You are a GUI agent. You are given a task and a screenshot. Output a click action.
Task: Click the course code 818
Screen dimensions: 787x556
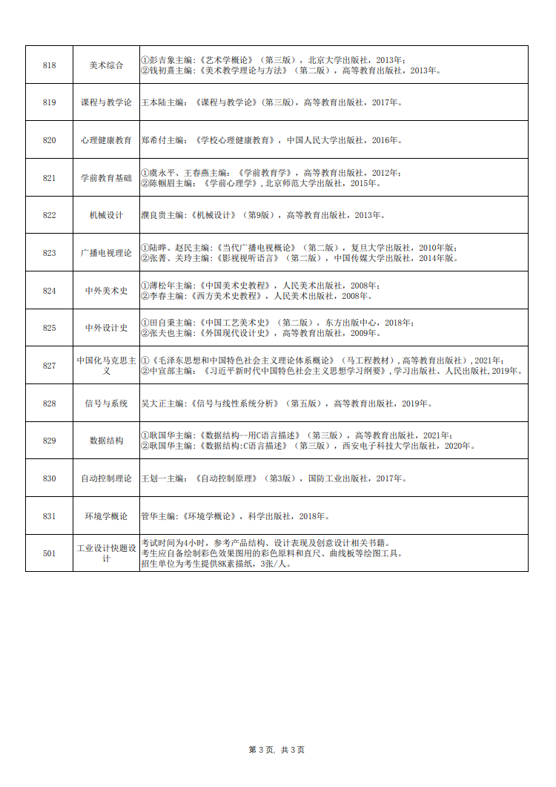[50, 65]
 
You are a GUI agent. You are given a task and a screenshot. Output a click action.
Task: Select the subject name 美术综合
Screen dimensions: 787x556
[106, 65]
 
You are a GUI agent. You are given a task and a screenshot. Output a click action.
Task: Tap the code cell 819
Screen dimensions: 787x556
[50, 102]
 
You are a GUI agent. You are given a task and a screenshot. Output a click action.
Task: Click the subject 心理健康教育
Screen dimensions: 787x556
[106, 140]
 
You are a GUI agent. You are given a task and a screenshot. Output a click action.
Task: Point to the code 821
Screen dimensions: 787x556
[50, 178]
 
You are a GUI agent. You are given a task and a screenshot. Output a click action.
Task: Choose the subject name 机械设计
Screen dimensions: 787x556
[106, 215]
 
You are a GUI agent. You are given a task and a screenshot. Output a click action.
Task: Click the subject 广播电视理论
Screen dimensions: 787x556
[106, 253]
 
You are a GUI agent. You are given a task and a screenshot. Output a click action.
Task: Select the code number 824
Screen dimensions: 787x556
[50, 291]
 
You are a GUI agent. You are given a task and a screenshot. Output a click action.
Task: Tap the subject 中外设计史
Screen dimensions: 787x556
[106, 328]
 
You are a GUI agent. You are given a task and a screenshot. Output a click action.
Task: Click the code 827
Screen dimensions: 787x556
[50, 366]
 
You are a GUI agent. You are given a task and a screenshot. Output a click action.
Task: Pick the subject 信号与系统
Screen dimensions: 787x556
[106, 404]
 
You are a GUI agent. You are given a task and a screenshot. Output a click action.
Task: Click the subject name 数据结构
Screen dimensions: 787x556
[106, 441]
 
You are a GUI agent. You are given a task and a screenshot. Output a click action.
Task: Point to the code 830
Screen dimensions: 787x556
[50, 478]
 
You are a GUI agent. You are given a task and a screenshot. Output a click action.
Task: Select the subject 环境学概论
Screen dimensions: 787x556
[106, 516]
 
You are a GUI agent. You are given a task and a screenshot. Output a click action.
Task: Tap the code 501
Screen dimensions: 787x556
[50, 553]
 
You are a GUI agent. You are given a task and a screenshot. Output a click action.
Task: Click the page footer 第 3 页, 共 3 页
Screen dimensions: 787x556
[277, 750]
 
